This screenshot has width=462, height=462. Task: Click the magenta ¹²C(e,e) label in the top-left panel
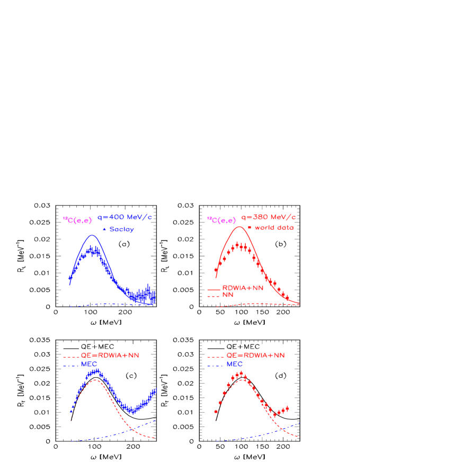77,220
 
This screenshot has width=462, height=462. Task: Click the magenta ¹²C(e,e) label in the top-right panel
221,220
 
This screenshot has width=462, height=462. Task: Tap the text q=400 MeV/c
125,217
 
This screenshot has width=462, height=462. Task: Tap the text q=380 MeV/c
268,217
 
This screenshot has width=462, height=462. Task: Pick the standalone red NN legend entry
227,295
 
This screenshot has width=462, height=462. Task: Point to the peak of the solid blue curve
92,235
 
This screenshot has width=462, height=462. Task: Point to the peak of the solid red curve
239,227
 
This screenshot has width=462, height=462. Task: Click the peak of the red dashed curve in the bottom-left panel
95,380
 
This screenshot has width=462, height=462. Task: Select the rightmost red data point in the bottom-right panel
287,408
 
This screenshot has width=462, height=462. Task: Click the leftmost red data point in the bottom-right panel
216,411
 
